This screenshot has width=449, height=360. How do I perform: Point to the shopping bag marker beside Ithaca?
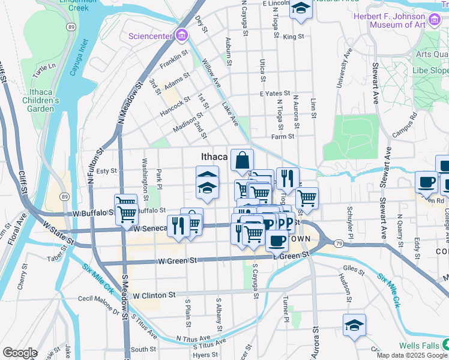click(242, 161)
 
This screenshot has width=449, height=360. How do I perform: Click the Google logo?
click(20, 353)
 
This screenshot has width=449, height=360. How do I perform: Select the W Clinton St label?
click(154, 295)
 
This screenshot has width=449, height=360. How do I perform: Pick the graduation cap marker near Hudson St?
click(354, 326)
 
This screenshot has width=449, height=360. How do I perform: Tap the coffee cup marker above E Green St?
click(276, 241)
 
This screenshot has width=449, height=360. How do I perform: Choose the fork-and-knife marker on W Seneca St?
click(178, 226)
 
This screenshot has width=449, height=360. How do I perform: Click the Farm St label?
click(282, 136)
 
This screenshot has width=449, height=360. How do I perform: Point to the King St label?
click(294, 37)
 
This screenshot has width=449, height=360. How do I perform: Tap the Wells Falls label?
click(418, 345)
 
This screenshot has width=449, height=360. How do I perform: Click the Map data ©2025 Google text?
click(412, 355)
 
